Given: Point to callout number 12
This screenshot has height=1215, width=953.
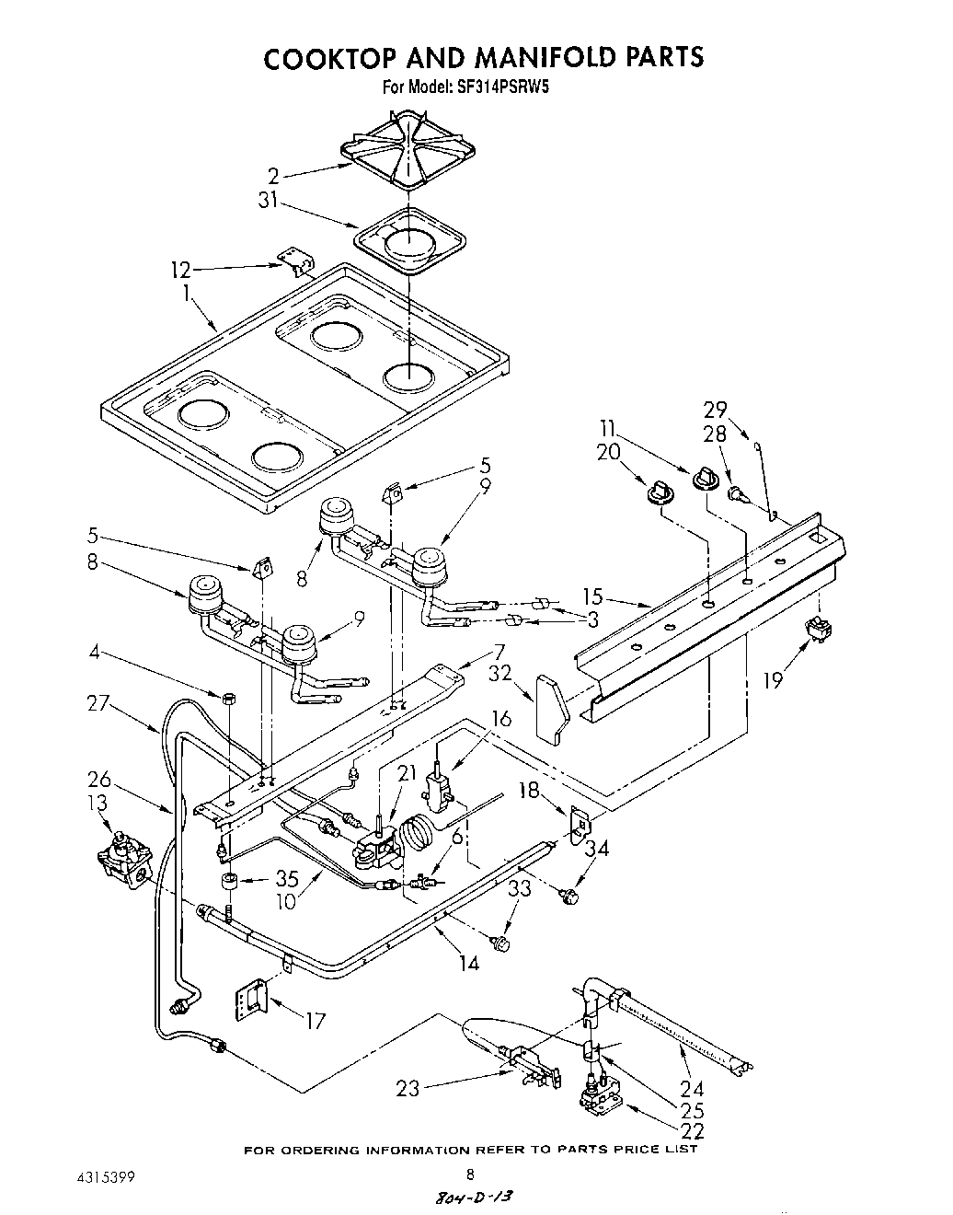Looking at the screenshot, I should pyautogui.click(x=180, y=270).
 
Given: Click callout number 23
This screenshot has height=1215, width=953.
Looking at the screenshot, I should pyautogui.click(x=408, y=1089).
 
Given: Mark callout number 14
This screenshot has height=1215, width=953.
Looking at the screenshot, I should pyautogui.click(x=468, y=964).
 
